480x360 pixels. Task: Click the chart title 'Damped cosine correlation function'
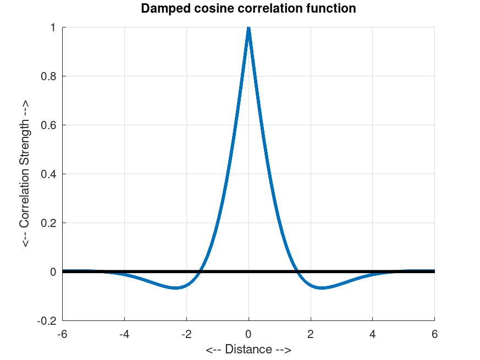tap(249, 9)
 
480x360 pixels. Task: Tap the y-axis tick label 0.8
tap(49, 76)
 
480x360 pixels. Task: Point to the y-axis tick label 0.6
tap(49, 125)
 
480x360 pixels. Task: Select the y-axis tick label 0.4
tap(49, 174)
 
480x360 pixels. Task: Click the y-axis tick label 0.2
tap(49, 223)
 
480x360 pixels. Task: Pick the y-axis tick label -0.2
tap(48, 321)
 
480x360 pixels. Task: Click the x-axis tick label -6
tap(62, 333)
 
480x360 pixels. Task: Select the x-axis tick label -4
tap(124, 333)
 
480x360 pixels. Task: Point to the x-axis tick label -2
tap(186, 333)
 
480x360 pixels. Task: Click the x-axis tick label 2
tap(311, 333)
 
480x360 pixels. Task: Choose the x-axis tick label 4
tap(373, 333)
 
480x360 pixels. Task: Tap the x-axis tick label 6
tap(434, 333)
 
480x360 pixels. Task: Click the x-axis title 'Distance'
tap(249, 350)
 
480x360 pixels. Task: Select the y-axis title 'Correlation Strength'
tap(25, 174)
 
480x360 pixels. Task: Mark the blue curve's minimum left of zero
tap(175, 287)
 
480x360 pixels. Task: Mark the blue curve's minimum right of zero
tap(322, 287)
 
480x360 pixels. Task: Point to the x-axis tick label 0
tap(249, 333)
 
